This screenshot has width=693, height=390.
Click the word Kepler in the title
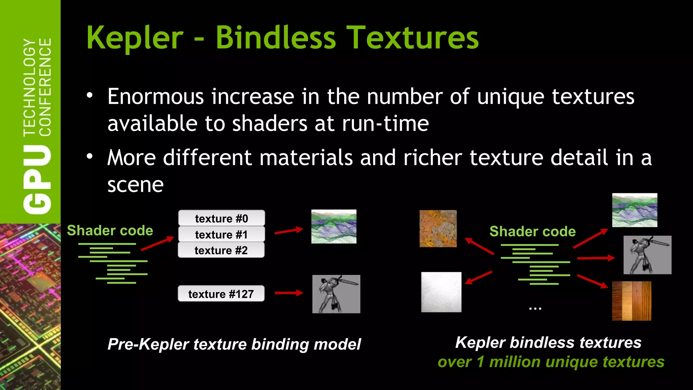tap(135, 38)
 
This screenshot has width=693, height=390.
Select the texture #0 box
tap(221, 218)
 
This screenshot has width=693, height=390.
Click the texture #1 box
tap(221, 234)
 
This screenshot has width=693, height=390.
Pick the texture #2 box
tap(221, 250)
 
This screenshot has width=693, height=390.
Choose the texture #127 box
tap(221, 294)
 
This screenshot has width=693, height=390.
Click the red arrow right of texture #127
tap(289, 293)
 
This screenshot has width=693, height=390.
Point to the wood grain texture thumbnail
tap(631, 301)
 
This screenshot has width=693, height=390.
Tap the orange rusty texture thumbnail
tap(438, 229)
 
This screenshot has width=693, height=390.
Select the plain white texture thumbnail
tap(441, 292)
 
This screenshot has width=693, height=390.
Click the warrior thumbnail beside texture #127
tap(336, 294)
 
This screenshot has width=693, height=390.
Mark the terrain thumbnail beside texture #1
tap(334, 226)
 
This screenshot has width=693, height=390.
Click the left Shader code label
tap(110, 231)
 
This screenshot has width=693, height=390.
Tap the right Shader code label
tap(532, 232)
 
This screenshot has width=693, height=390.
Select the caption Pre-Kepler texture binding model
tap(234, 344)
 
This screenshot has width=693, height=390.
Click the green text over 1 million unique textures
tap(551, 362)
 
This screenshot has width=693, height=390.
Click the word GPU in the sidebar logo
tap(37, 179)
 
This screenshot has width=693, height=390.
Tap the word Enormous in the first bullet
tap(155, 97)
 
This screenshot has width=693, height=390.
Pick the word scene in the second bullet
tap(135, 185)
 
